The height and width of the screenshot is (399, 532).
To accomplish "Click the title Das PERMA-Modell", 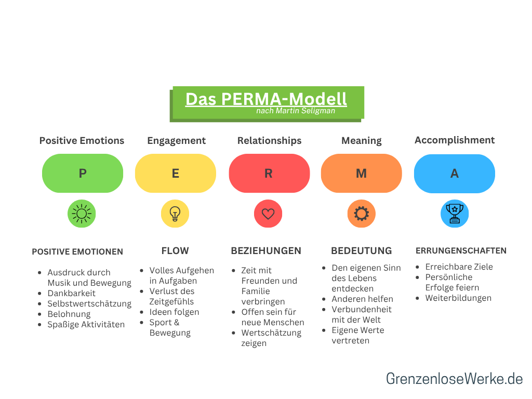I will click(266, 99).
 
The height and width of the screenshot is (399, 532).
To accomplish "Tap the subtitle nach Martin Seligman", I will click(295, 111).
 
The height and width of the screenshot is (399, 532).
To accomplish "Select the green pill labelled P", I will click(83, 174).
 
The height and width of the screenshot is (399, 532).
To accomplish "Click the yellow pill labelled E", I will click(176, 174).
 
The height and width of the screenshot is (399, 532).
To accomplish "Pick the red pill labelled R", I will click(269, 174).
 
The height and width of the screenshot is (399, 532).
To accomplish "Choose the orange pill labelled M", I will click(362, 174).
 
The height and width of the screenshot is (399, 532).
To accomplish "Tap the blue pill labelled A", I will click(455, 174).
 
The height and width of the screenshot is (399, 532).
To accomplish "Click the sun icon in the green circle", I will click(82, 214).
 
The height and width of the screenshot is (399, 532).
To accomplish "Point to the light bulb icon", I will click(175, 214).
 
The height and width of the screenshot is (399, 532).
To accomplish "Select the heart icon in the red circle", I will click(268, 214).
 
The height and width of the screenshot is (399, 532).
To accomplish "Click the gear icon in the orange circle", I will click(361, 214).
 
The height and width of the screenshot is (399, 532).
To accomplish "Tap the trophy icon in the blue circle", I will click(455, 214).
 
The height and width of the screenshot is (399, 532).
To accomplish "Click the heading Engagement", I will click(176, 141).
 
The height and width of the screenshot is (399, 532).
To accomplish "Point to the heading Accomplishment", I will click(455, 140).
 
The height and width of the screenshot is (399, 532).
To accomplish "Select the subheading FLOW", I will click(175, 251).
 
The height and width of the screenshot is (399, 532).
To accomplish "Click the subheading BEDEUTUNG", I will click(362, 251).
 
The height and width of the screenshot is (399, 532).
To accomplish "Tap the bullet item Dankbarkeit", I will click(72, 293).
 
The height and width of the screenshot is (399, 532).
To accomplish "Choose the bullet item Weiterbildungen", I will click(458, 298).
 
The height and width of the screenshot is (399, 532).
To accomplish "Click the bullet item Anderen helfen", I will click(363, 299).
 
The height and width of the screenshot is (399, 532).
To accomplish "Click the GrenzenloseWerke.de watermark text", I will click(454, 379).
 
